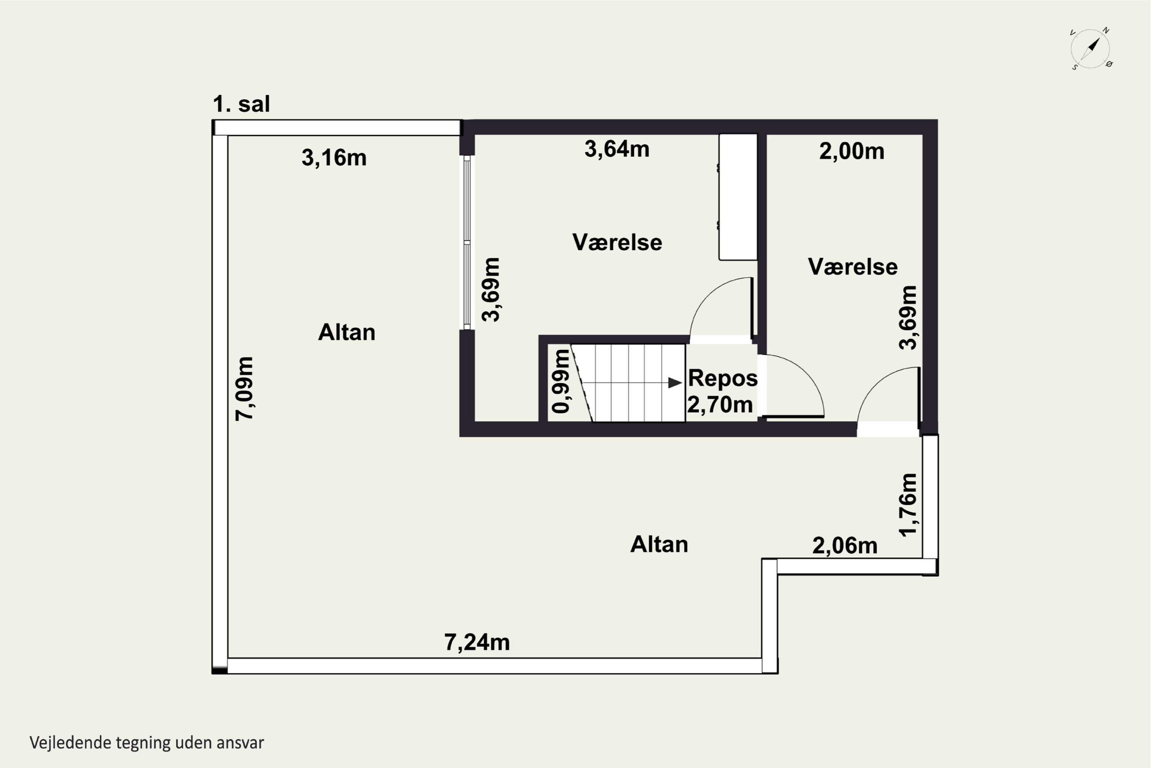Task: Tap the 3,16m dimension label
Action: [x=334, y=158]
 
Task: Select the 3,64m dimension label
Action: [x=617, y=149]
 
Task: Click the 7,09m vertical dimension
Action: [x=244, y=388]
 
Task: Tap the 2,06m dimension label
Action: [x=845, y=546]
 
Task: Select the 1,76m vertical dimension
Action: [x=908, y=505]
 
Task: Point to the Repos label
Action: [x=722, y=378]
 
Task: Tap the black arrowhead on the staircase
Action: [x=675, y=383]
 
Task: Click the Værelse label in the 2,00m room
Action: [x=853, y=267]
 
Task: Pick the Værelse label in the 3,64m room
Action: [x=617, y=242]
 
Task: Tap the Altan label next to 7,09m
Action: [x=346, y=333]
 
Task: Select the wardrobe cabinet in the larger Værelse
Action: [x=737, y=197]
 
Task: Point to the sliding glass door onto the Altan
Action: [x=467, y=242]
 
